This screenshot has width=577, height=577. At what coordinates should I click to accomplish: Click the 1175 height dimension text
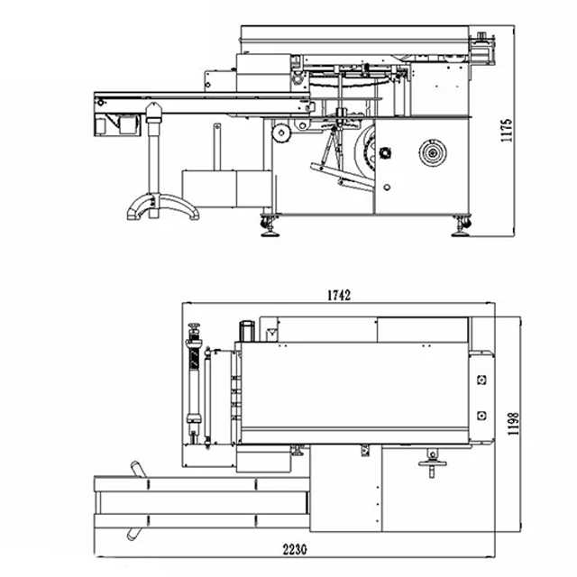[x=507, y=130]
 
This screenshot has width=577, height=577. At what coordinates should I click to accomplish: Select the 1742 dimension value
[x=339, y=295]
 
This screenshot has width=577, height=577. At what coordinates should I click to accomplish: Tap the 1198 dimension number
[x=513, y=424]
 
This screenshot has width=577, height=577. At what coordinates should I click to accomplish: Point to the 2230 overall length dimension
[x=295, y=549]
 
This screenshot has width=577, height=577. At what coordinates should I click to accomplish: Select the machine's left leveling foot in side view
[x=270, y=225]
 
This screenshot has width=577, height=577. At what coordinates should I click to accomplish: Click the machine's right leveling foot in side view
[x=462, y=225]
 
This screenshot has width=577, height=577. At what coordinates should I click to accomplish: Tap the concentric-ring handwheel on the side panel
[x=433, y=152]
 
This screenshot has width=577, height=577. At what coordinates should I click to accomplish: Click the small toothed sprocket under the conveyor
[x=281, y=133]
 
